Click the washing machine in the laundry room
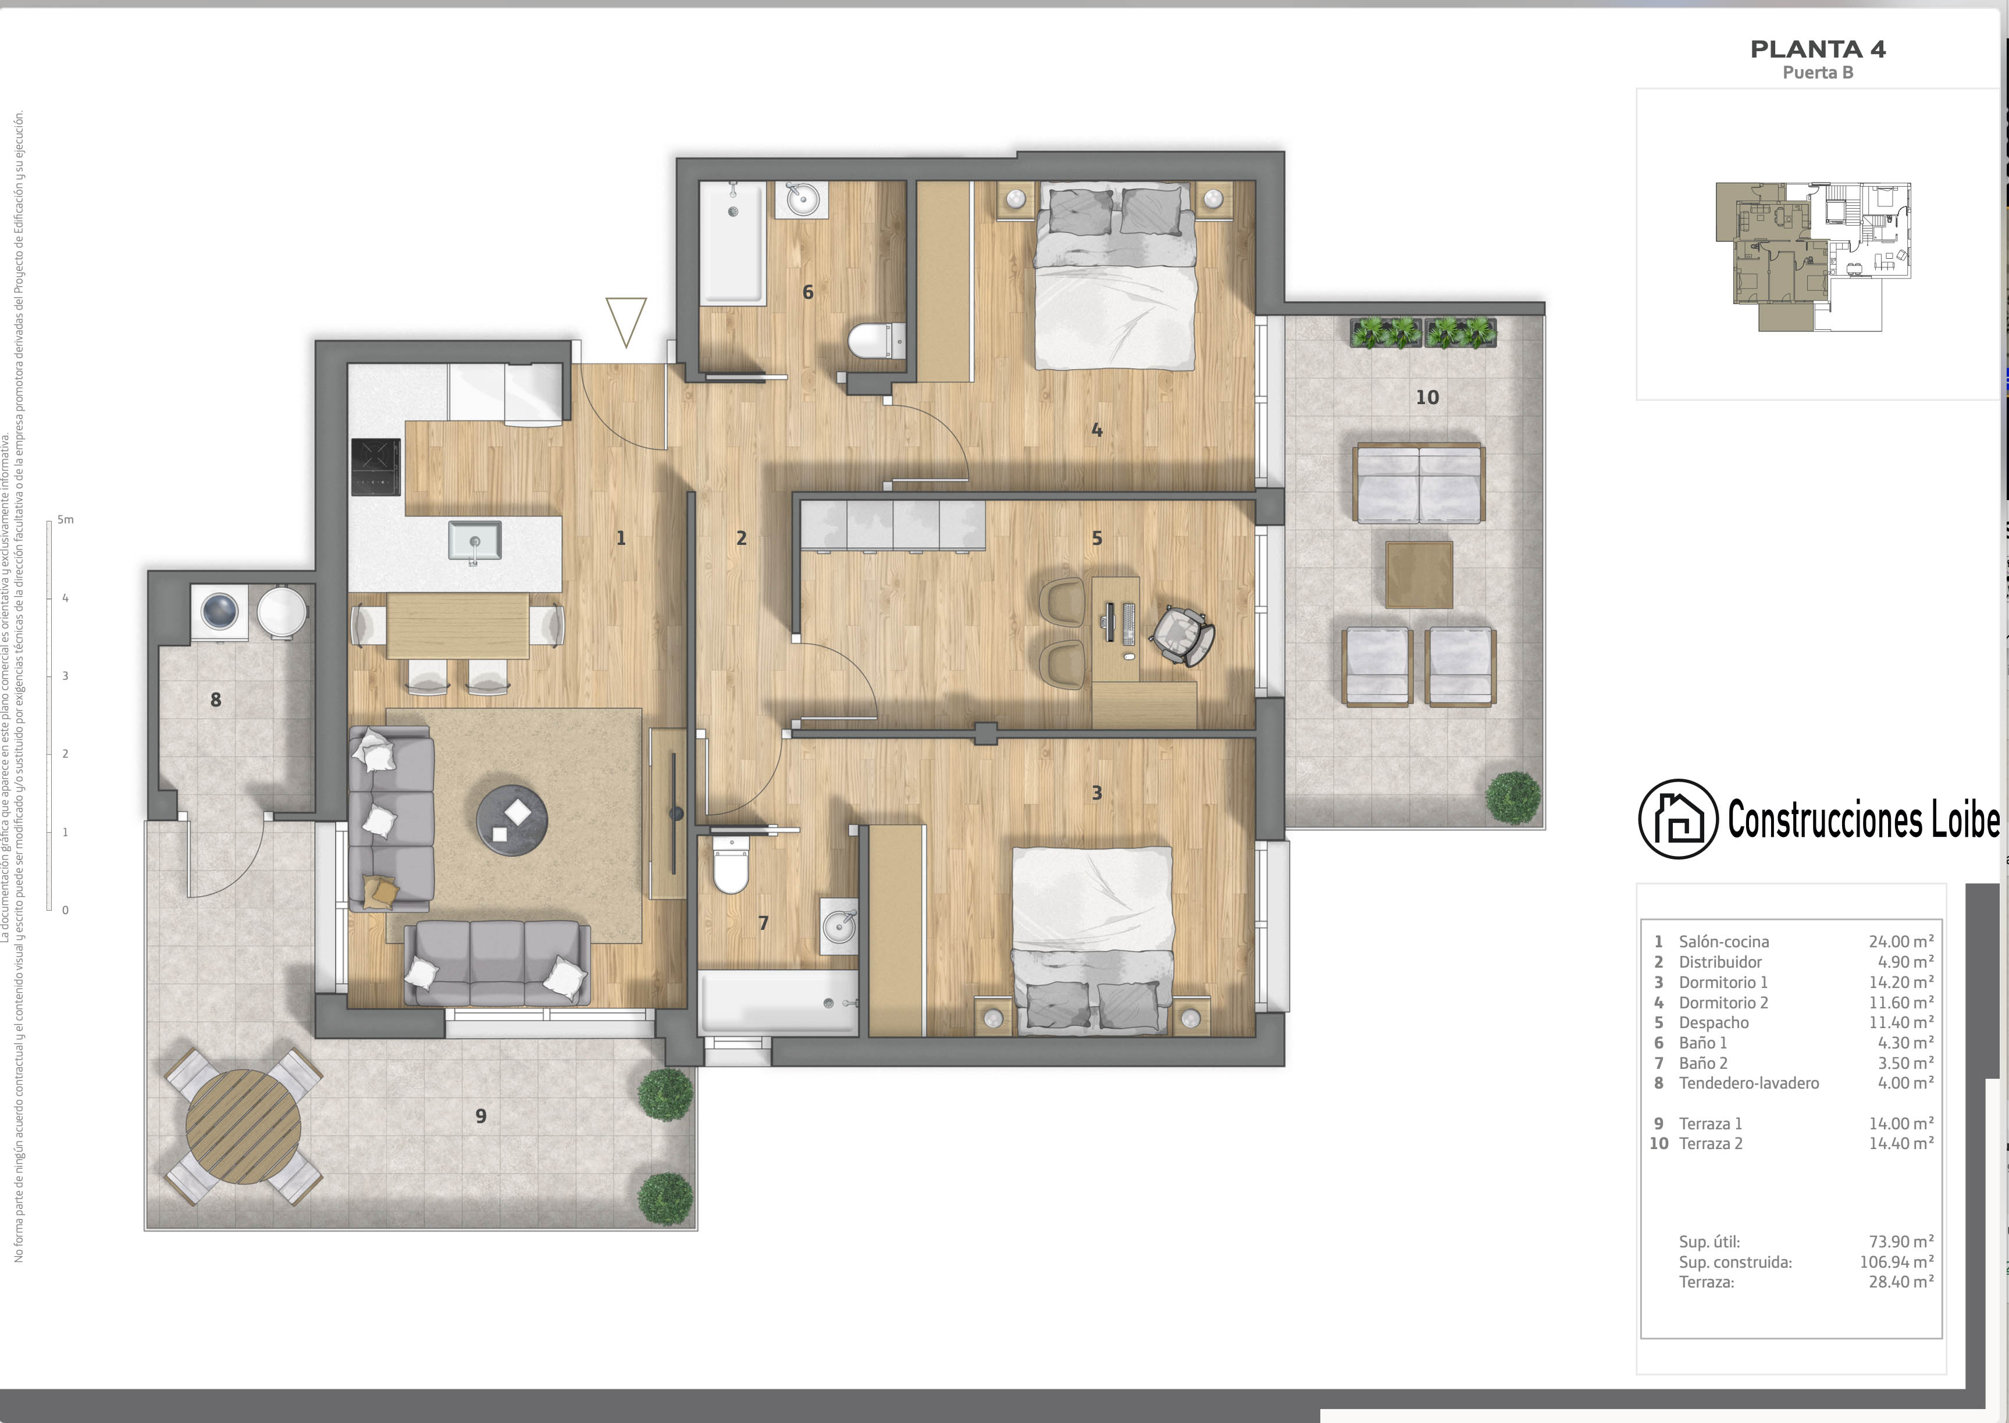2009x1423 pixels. click(x=219, y=611)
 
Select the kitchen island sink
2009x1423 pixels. click(x=474, y=540)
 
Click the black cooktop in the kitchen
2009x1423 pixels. click(x=376, y=466)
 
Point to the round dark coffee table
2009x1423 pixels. click(x=512, y=820)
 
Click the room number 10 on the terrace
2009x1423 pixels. click(x=1427, y=398)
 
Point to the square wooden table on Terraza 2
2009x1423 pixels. click(x=1419, y=575)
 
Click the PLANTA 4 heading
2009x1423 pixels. click(x=1818, y=50)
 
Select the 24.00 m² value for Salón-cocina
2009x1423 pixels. click(x=1901, y=941)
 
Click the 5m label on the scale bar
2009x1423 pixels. click(x=66, y=520)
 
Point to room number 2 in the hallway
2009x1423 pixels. click(x=741, y=538)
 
